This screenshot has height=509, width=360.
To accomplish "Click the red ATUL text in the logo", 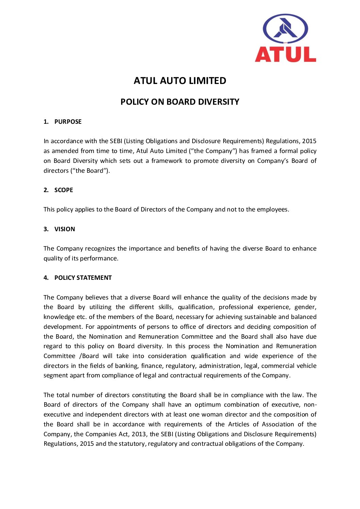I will pos(285,54).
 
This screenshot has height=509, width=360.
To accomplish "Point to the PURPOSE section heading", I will pos(68,122).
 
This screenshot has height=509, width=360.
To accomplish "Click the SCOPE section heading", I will pos(64,190).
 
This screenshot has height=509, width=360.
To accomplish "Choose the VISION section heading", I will pos(65,229).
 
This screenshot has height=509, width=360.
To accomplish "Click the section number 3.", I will pos(46,229).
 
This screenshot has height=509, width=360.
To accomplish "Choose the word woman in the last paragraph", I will pos(211,414).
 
